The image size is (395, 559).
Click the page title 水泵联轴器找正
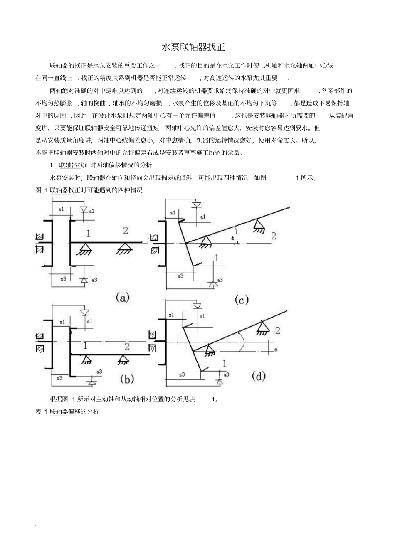[193, 47]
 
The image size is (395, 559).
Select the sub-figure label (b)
[126, 379]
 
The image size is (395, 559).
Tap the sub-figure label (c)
[242, 299]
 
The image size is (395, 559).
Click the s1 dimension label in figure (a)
[61, 209]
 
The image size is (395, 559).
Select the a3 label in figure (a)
[94, 280]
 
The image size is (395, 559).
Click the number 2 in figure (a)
[126, 230]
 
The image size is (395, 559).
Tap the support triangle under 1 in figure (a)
[86, 249]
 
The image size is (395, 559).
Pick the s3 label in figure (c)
[180, 276]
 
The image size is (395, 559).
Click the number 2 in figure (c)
[274, 236]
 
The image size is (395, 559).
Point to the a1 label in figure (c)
[202, 217]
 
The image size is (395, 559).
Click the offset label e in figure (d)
[276, 350]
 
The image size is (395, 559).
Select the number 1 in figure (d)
[225, 364]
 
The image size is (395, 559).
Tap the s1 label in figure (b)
[62, 322]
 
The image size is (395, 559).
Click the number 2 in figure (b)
[127, 346]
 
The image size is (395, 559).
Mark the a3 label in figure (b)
[99, 371]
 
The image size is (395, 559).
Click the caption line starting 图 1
[89, 190]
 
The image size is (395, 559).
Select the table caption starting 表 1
[67, 412]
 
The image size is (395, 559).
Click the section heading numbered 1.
[101, 165]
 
